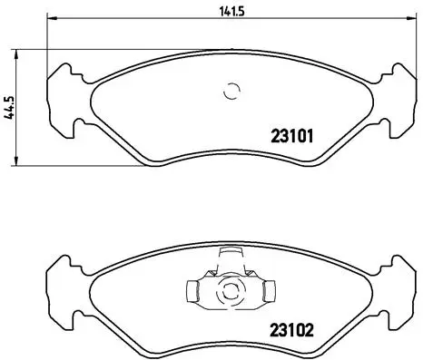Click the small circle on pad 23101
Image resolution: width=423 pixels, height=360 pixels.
point(231,91)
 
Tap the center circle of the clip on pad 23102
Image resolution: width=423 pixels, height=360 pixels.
point(231,291)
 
